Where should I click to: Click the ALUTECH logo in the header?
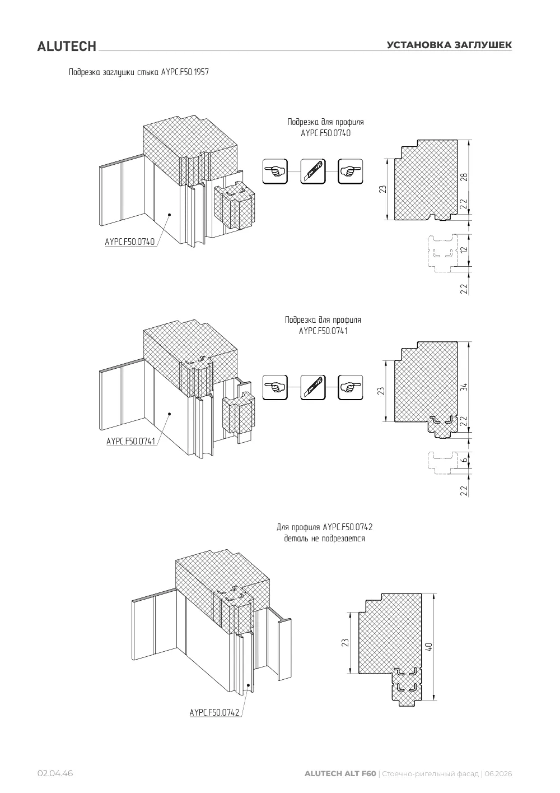[67, 47]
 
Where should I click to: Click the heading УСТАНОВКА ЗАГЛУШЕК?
[449, 45]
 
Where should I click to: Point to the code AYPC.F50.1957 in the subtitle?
[185, 72]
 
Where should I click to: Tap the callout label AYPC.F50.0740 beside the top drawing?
[130, 242]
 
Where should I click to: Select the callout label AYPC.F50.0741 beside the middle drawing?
[131, 442]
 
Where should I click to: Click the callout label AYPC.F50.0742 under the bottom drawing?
[214, 712]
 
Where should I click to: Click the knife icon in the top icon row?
[313, 171]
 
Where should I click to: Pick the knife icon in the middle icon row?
[313, 387]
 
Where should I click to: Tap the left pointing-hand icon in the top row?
[275, 171]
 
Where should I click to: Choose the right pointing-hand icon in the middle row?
[351, 387]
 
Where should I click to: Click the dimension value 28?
[464, 177]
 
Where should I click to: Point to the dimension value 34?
[464, 387]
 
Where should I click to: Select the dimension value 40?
[430, 647]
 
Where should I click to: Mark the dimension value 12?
[464, 249]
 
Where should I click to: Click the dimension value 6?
[464, 460]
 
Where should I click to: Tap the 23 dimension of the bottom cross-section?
[346, 643]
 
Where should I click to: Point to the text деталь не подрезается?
[324, 539]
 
